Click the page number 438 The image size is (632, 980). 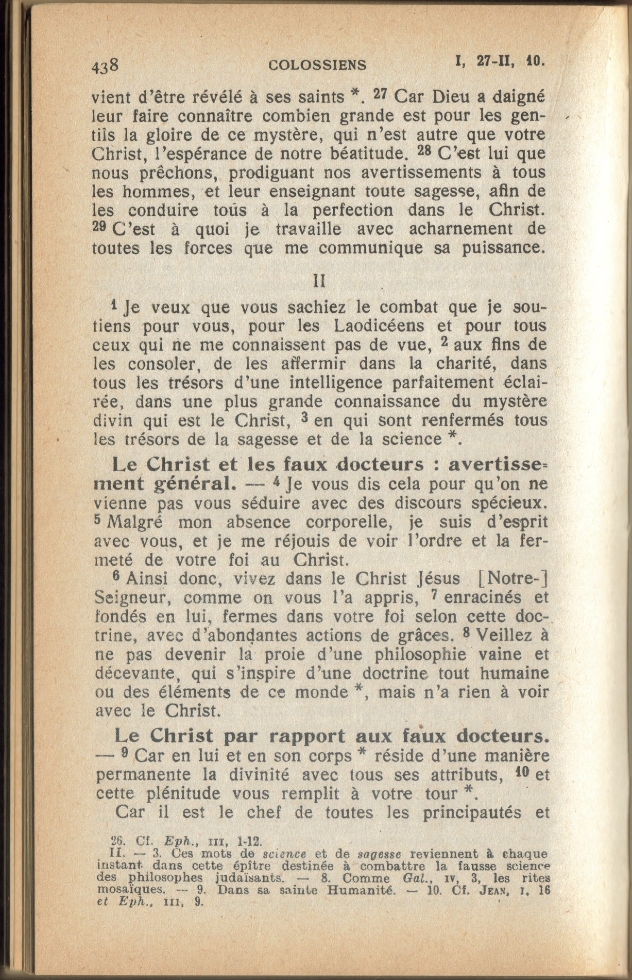105,65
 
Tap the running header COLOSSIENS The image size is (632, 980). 317,65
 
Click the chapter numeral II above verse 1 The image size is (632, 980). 319,280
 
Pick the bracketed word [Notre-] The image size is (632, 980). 513,578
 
